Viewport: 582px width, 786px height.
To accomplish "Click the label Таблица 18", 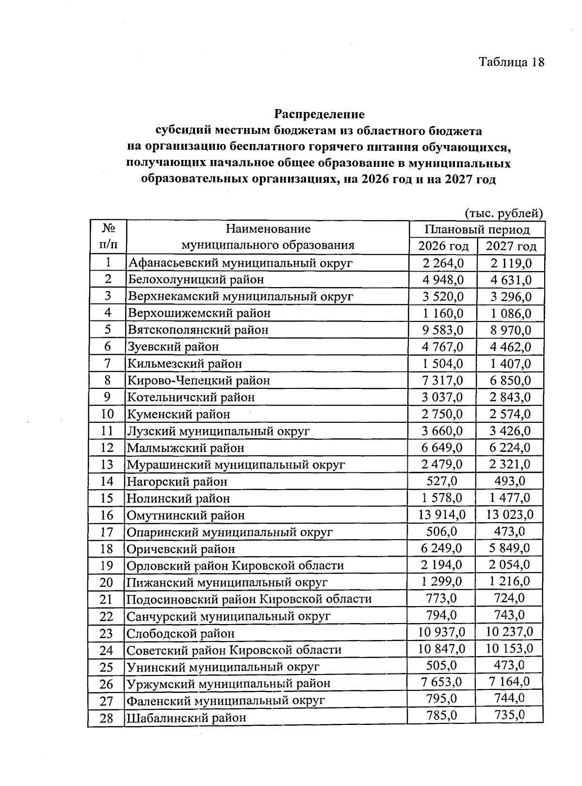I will click(x=512, y=62).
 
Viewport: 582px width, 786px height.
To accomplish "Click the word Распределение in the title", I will click(x=319, y=114).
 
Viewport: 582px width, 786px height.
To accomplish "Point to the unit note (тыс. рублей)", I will click(x=503, y=213).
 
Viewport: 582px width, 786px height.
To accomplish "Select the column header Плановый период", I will click(x=477, y=229).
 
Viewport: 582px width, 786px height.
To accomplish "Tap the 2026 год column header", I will click(x=443, y=246).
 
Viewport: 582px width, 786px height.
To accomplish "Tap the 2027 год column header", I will click(x=511, y=246).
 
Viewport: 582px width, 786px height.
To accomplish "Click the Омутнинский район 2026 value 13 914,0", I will click(x=442, y=514).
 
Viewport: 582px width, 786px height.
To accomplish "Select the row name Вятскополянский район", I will click(x=198, y=330).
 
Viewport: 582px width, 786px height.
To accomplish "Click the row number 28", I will click(x=106, y=718).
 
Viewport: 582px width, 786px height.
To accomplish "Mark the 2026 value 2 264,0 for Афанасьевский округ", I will click(x=442, y=263).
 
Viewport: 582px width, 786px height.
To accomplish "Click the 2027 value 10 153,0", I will click(x=510, y=648).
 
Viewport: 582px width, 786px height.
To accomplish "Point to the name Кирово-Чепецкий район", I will click(x=198, y=381).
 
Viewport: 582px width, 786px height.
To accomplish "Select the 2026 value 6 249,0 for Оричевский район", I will click(x=442, y=548).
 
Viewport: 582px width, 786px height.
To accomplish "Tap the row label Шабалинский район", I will click(x=186, y=718).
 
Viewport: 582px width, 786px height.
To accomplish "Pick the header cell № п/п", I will click(x=108, y=237).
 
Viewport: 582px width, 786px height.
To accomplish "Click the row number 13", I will click(x=107, y=465).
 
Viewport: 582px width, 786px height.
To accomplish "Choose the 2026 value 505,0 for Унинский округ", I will click(x=441, y=665).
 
